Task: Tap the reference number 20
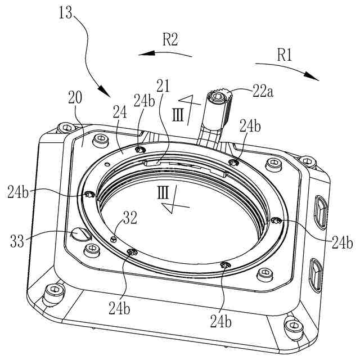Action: pos(75,97)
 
